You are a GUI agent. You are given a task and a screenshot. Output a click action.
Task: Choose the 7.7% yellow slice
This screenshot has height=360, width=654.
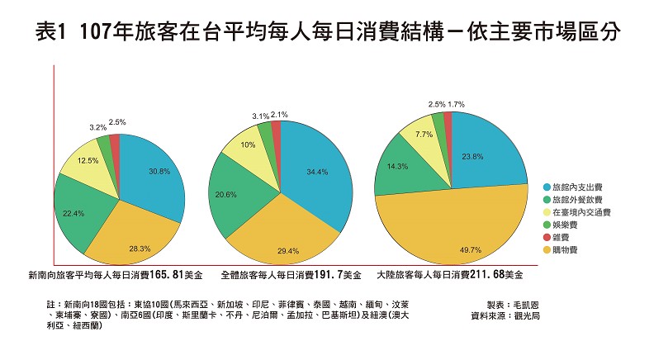click(x=424, y=135)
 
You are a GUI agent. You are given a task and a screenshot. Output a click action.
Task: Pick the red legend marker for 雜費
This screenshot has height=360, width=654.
click(x=547, y=237)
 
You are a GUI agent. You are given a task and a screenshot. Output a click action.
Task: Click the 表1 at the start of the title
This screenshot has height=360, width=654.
click(x=52, y=35)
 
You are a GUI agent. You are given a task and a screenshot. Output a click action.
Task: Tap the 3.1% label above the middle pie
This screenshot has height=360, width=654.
click(x=260, y=116)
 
